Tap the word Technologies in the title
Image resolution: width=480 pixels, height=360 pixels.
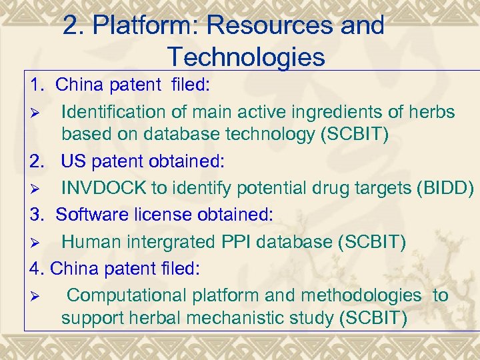246,57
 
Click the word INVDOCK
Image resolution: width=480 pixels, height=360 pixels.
104,188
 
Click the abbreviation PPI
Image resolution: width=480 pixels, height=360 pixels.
239,241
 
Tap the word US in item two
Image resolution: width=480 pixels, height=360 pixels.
73,162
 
